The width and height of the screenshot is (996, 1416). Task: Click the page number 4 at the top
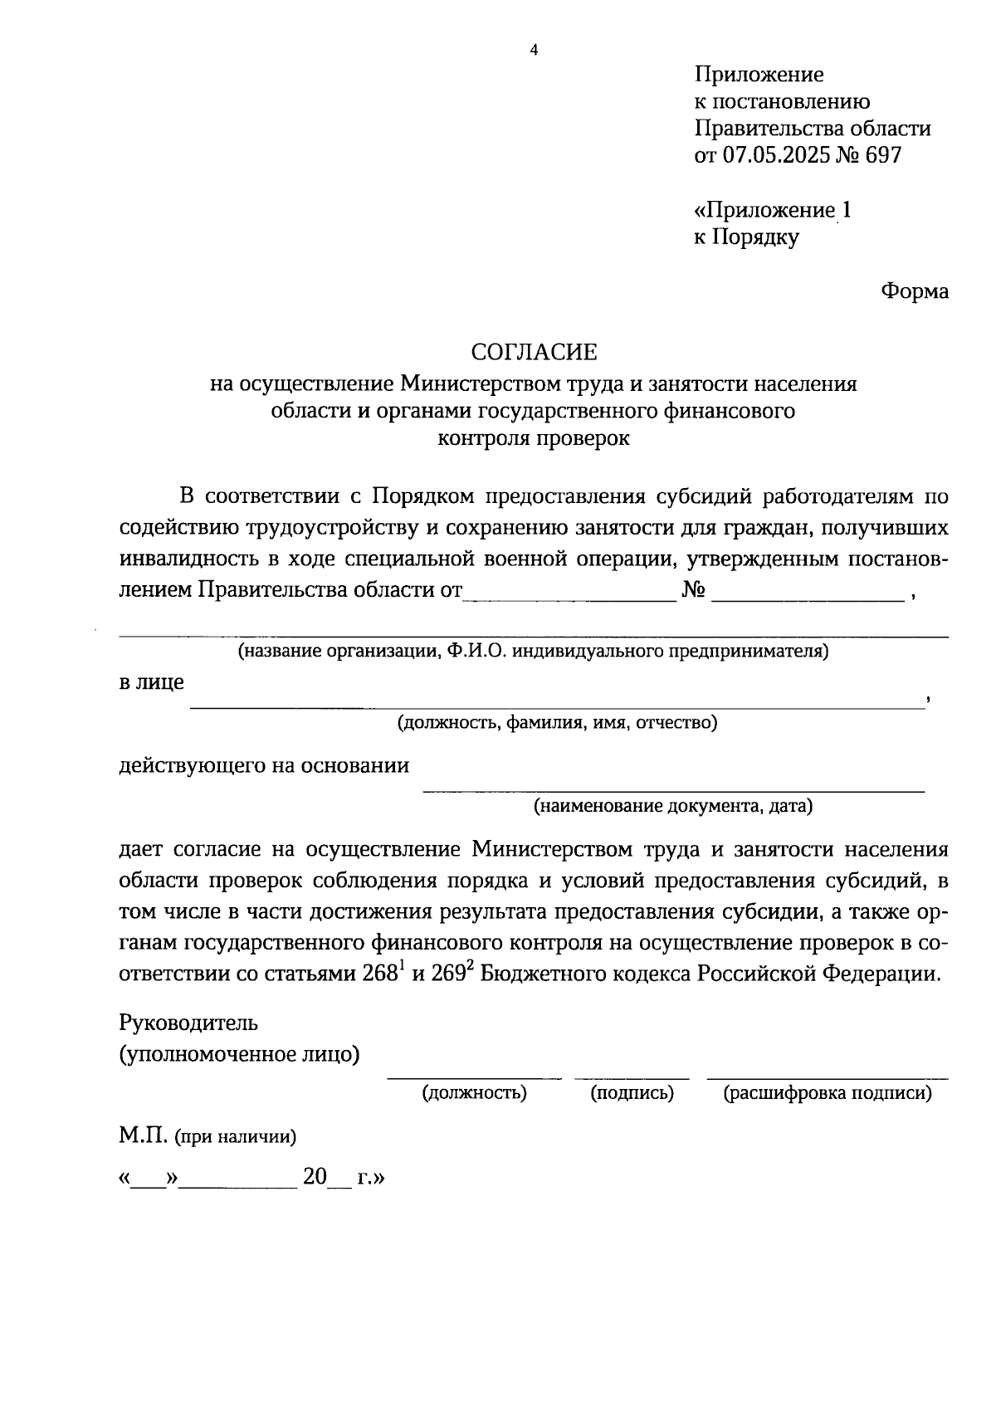(534, 51)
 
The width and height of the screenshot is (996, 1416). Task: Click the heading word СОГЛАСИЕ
(534, 353)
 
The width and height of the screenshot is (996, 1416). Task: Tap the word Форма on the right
(915, 291)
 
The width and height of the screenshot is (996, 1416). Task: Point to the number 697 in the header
(882, 155)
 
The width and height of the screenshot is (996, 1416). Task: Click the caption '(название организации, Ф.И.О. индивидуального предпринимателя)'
(533, 651)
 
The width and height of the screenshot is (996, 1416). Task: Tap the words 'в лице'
(152, 682)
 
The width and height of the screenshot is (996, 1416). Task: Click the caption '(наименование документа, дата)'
(673, 805)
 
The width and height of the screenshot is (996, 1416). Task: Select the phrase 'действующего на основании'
(264, 764)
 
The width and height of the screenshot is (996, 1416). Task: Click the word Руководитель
(188, 1022)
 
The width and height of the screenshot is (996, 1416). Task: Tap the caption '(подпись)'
(632, 1093)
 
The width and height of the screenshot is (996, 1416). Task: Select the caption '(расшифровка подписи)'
(827, 1093)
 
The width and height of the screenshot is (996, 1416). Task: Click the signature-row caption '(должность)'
(474, 1093)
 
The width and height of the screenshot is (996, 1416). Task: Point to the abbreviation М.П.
(144, 1135)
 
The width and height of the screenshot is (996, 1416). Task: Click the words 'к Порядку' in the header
(746, 237)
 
